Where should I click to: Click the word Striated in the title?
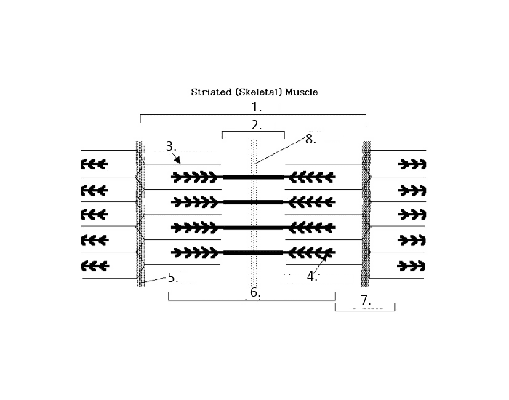(209, 92)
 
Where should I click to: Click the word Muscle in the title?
(301, 92)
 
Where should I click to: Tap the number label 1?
(255, 106)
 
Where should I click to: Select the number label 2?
(256, 125)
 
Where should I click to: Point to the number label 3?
(171, 146)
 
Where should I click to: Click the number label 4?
(312, 276)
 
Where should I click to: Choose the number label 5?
(172, 277)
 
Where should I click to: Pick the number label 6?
(254, 292)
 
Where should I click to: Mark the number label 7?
(366, 300)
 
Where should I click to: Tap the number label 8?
(311, 140)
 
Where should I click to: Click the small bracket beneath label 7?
(365, 308)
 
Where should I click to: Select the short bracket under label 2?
(253, 133)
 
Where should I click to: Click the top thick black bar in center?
(252, 177)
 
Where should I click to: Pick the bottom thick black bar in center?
(252, 252)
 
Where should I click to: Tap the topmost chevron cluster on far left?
(95, 164)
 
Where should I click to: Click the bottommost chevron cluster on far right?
(412, 265)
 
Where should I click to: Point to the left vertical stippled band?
(140, 214)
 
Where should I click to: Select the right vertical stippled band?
(367, 214)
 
